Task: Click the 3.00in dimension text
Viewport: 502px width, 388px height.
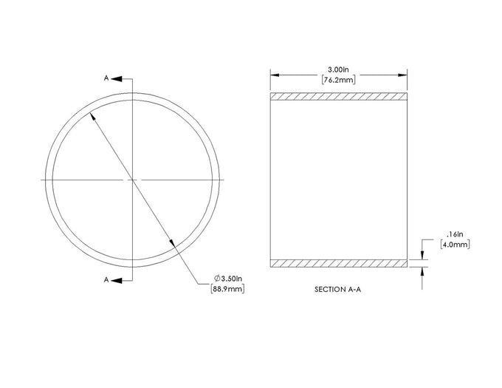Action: point(338,69)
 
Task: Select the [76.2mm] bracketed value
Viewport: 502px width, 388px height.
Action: point(338,80)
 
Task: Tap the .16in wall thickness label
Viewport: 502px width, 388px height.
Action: point(455,234)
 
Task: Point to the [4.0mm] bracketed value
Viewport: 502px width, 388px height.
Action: point(455,245)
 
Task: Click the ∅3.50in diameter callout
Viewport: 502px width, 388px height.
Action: point(228,278)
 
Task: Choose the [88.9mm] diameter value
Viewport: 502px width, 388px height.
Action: point(227,289)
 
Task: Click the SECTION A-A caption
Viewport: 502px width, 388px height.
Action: point(338,289)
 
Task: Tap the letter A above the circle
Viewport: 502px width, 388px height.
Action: point(106,78)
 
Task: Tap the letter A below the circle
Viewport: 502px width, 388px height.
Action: point(106,279)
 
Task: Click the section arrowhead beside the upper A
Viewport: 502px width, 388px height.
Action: point(117,78)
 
